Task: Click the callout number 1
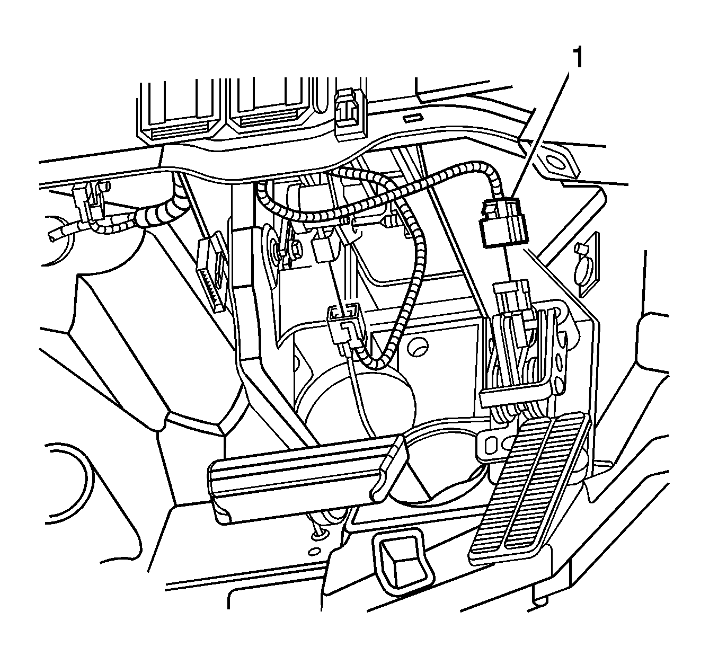pyautogui.click(x=578, y=58)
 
